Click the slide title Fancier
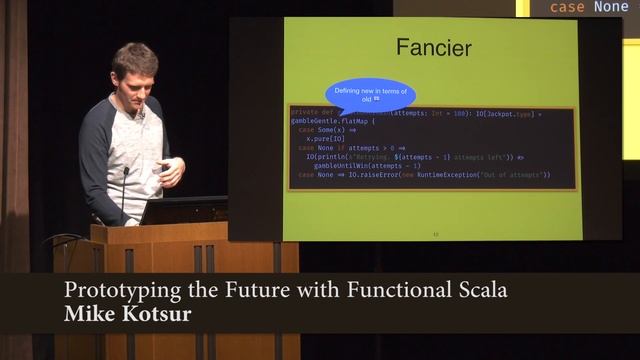pos(434,47)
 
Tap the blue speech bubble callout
pos(370,96)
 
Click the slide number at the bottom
pos(435,234)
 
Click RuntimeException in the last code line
pos(443,174)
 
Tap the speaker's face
pos(135,79)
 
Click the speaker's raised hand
pos(171,171)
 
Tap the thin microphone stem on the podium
pos(124,195)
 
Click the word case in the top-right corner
pos(568,7)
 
